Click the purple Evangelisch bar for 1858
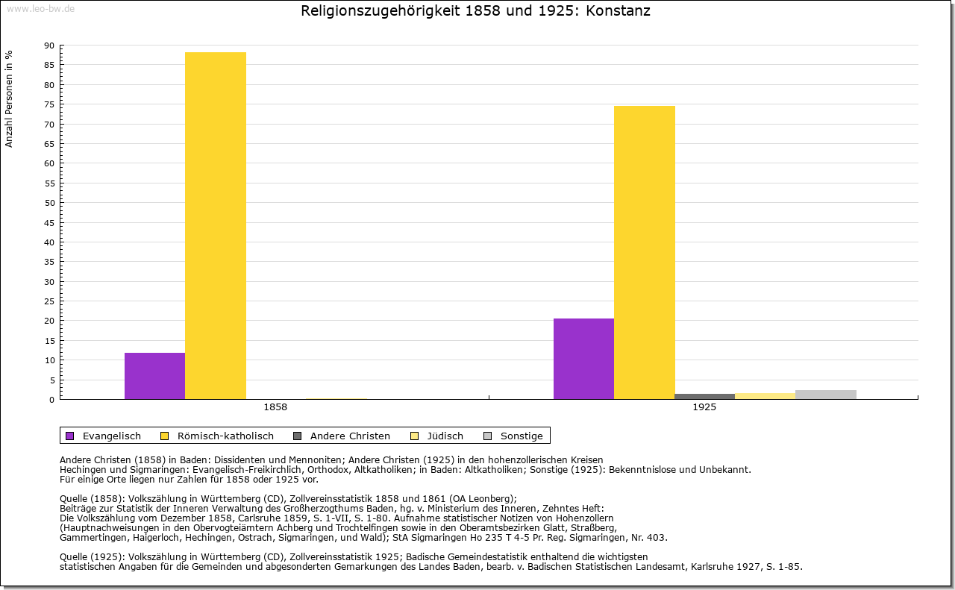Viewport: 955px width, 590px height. click(x=154, y=376)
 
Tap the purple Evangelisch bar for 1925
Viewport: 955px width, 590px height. click(x=583, y=359)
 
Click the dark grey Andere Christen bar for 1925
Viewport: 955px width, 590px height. click(x=704, y=396)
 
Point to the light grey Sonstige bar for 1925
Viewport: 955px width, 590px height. click(x=826, y=395)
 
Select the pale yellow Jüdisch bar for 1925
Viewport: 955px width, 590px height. click(x=765, y=396)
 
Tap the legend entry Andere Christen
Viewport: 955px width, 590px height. click(x=349, y=436)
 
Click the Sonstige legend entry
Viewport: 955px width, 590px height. click(x=521, y=436)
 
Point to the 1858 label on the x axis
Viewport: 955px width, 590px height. click(x=275, y=408)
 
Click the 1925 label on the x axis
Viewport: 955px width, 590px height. click(x=704, y=408)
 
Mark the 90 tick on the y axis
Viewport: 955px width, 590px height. click(x=49, y=45)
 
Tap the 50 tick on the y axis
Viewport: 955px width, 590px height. click(x=49, y=203)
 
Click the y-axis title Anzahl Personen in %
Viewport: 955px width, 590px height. click(x=9, y=98)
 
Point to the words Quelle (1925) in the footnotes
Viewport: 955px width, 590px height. click(x=93, y=556)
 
